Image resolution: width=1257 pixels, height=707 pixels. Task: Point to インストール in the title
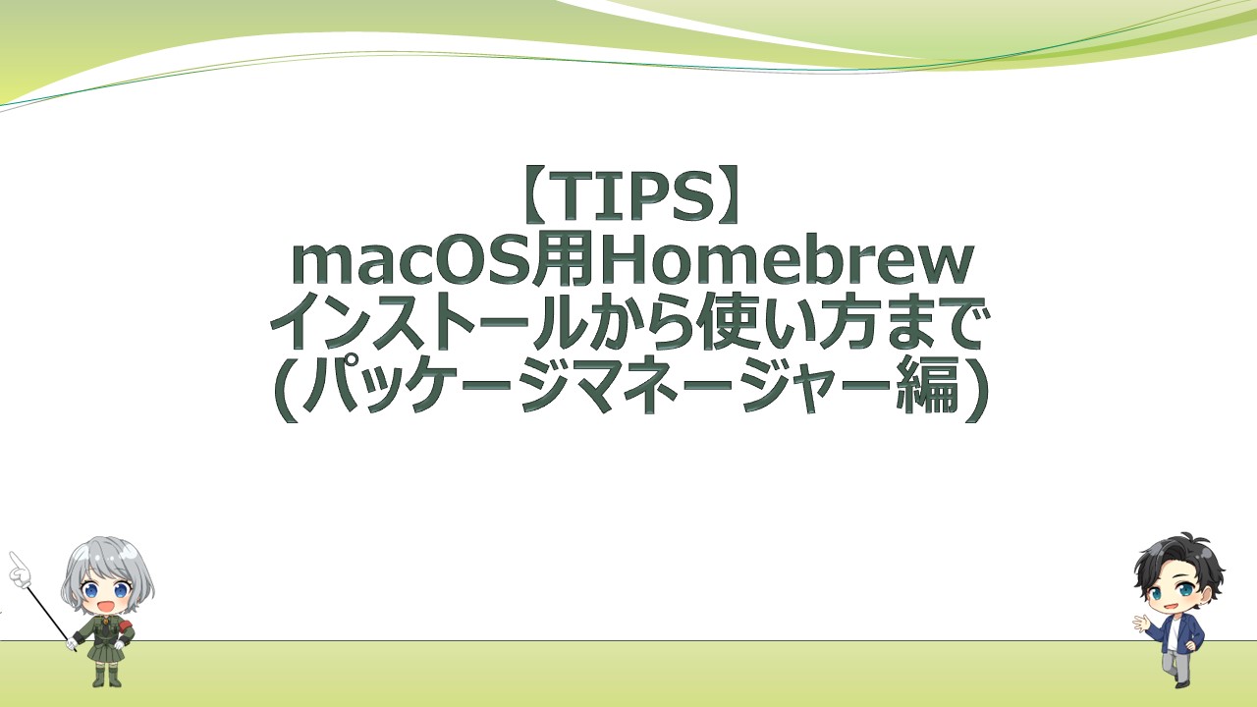click(411, 327)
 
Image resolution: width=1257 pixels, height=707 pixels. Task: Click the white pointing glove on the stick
click(19, 567)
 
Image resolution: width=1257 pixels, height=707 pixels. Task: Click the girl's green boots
click(107, 675)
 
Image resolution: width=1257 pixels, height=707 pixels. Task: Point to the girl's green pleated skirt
click(105, 650)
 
